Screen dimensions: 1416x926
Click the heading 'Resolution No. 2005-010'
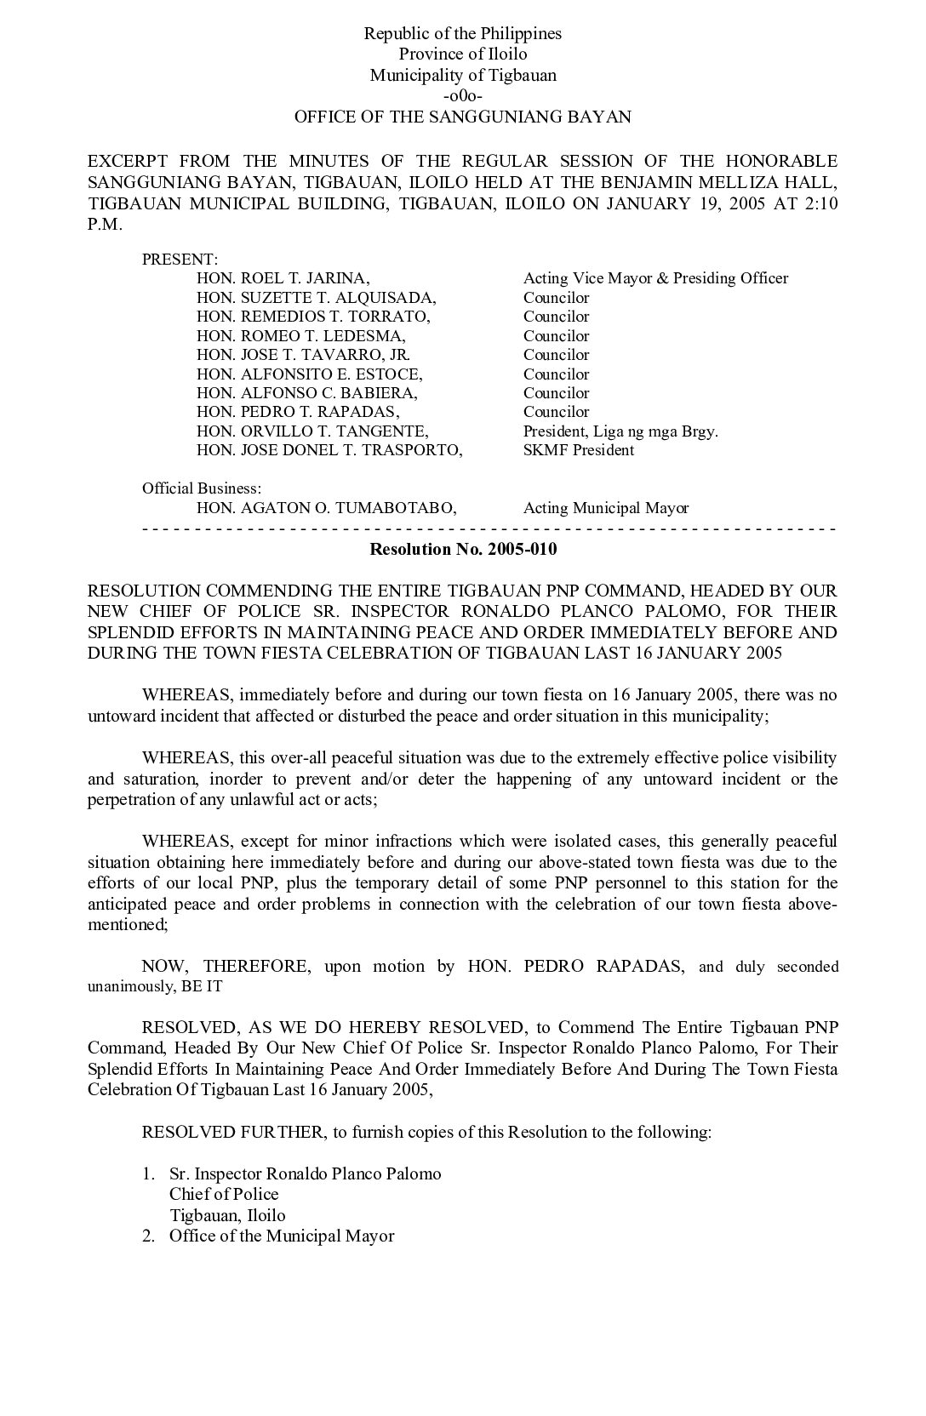(463, 549)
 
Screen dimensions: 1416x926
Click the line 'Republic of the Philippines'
(463, 34)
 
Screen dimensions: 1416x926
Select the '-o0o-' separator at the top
(463, 96)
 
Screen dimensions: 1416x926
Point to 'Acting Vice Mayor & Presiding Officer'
(655, 278)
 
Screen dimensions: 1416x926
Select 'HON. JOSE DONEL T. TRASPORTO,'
(329, 450)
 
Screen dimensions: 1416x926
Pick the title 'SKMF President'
(579, 450)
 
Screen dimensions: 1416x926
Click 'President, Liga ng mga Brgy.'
(620, 431)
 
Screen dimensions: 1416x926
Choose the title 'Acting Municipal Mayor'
(606, 508)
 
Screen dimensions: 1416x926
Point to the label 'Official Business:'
(202, 488)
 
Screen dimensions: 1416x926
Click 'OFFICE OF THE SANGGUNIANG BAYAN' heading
(463, 117)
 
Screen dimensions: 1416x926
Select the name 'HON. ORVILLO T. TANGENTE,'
(312, 431)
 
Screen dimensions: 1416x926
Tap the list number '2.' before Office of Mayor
(148, 1236)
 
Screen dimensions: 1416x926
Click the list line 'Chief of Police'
(224, 1194)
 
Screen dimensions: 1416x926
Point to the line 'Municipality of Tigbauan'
(463, 75)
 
